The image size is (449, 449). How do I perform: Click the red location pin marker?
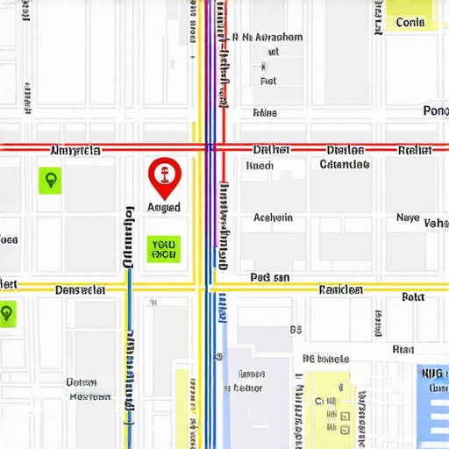pyautogui.click(x=162, y=176)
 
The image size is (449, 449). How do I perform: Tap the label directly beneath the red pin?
pyautogui.click(x=164, y=208)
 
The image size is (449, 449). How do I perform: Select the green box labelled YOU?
pyautogui.click(x=164, y=249)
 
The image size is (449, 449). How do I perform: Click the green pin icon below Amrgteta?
pyautogui.click(x=51, y=182)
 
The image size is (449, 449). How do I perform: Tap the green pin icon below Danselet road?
pyautogui.click(x=7, y=312)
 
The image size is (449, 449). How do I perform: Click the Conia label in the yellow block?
pyautogui.click(x=410, y=22)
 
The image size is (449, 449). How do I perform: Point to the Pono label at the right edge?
pyautogui.click(x=435, y=110)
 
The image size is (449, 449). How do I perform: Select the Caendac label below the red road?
pyautogui.click(x=344, y=164)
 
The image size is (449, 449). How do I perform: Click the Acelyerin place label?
pyautogui.click(x=273, y=217)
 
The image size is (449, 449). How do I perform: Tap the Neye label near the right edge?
pyautogui.click(x=408, y=217)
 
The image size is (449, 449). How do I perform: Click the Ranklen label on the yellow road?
pyautogui.click(x=341, y=289)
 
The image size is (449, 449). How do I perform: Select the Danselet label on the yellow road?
pyautogui.click(x=80, y=289)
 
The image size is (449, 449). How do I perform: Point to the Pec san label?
pyautogui.click(x=270, y=277)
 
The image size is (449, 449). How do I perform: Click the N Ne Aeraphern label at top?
pyautogui.click(x=267, y=38)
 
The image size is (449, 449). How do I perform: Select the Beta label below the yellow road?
pyautogui.click(x=412, y=297)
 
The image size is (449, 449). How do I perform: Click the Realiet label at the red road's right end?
pyautogui.click(x=415, y=150)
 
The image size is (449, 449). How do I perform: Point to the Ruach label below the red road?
pyautogui.click(x=260, y=165)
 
